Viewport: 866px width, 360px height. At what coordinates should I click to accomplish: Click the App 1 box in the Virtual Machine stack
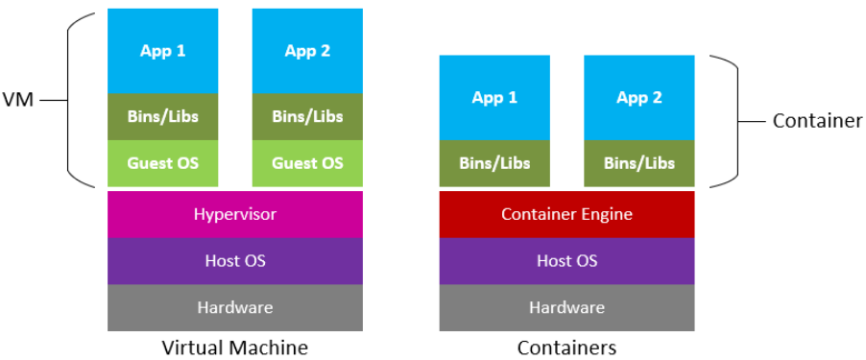point(163,51)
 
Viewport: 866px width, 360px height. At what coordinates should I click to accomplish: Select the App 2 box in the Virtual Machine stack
point(307,51)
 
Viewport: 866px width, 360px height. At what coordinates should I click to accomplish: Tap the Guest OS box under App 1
point(163,163)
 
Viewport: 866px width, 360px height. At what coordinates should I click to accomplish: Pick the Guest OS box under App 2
point(307,163)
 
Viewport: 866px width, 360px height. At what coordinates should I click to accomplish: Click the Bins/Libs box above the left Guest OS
point(163,117)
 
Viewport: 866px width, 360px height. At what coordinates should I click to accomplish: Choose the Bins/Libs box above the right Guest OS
point(307,117)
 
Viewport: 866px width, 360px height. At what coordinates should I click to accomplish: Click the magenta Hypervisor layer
point(235,214)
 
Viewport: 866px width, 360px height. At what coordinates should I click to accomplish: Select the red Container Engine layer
point(566,214)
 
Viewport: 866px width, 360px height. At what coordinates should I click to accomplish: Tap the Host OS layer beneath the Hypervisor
point(235,260)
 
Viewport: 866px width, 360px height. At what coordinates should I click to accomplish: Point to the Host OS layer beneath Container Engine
point(566,260)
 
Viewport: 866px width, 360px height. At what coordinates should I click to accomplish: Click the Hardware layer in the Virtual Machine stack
point(235,307)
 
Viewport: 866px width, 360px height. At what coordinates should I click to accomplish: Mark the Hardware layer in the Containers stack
point(566,307)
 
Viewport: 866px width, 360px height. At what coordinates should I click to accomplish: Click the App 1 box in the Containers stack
point(494,97)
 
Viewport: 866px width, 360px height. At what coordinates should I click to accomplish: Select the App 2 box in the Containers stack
point(639,97)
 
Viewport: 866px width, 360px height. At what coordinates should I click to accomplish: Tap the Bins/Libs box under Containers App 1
point(494,163)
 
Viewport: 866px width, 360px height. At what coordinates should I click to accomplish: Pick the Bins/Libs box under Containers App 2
point(639,163)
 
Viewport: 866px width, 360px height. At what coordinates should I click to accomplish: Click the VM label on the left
point(18,99)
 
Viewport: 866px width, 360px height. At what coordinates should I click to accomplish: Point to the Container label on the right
point(817,121)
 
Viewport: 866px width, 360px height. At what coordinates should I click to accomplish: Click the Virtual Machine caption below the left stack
point(235,347)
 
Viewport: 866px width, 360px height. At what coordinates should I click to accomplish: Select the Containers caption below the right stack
point(566,347)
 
